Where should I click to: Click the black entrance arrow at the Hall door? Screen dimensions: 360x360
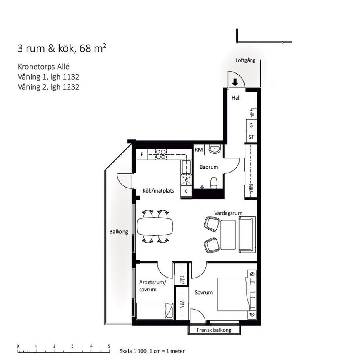[235, 82]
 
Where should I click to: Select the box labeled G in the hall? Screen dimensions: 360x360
[251, 125]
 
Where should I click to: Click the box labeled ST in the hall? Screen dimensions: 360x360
[251, 137]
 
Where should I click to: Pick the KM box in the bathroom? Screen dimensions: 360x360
[199, 150]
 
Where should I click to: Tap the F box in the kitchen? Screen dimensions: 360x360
[142, 154]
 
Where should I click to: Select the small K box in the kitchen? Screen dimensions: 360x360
[186, 191]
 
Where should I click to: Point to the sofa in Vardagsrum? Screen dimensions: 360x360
[246, 235]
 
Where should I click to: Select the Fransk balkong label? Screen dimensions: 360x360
[215, 330]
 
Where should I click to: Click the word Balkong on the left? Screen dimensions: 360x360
[119, 232]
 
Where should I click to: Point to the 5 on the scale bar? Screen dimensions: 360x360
[109, 346]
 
